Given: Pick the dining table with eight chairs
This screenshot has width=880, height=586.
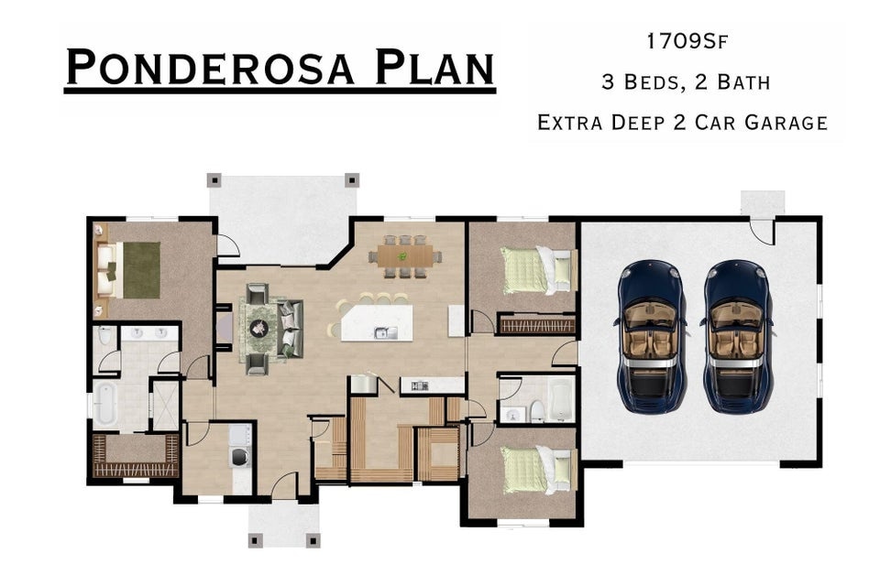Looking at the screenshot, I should [x=403, y=255].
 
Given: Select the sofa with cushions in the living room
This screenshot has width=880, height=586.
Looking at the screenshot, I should [x=291, y=326].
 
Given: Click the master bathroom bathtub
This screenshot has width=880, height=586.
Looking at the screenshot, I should [x=105, y=405].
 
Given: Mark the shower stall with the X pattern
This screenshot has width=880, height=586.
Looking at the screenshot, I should [x=166, y=405].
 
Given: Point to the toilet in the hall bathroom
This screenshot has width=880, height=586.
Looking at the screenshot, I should [x=537, y=410].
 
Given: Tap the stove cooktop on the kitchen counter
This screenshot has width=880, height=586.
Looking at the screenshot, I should [x=420, y=385].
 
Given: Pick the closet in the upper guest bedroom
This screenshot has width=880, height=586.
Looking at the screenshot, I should [x=536, y=324].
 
